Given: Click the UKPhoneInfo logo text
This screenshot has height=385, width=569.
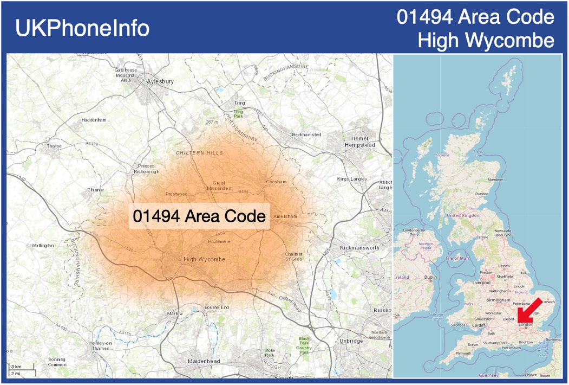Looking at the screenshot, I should [x=82, y=28].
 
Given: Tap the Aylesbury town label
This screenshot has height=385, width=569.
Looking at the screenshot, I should [x=160, y=81].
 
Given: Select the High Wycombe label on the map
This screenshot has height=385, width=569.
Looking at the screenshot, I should [x=204, y=259].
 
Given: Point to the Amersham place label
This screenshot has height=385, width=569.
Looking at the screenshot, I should [x=285, y=216].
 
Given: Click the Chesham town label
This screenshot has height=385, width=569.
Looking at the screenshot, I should [x=276, y=182].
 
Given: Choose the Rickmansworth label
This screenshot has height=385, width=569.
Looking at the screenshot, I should [x=359, y=248].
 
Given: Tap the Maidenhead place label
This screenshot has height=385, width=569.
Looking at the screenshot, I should [x=204, y=361].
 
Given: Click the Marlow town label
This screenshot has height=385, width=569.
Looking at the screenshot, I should [x=175, y=313].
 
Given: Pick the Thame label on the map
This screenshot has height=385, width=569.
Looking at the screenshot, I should [x=55, y=146].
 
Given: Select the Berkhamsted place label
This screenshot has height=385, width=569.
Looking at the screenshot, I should [x=306, y=134].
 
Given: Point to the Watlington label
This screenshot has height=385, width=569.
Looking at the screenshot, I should [x=43, y=246].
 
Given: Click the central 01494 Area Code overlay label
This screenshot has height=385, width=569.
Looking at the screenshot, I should [x=199, y=216].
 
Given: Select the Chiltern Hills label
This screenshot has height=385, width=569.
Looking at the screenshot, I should [x=199, y=153].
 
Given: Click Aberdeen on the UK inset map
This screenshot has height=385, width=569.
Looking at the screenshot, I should [x=495, y=179].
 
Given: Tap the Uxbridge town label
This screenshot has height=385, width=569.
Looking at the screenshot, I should [x=351, y=341].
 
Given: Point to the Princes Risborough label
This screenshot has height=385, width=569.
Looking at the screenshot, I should [x=146, y=169].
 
